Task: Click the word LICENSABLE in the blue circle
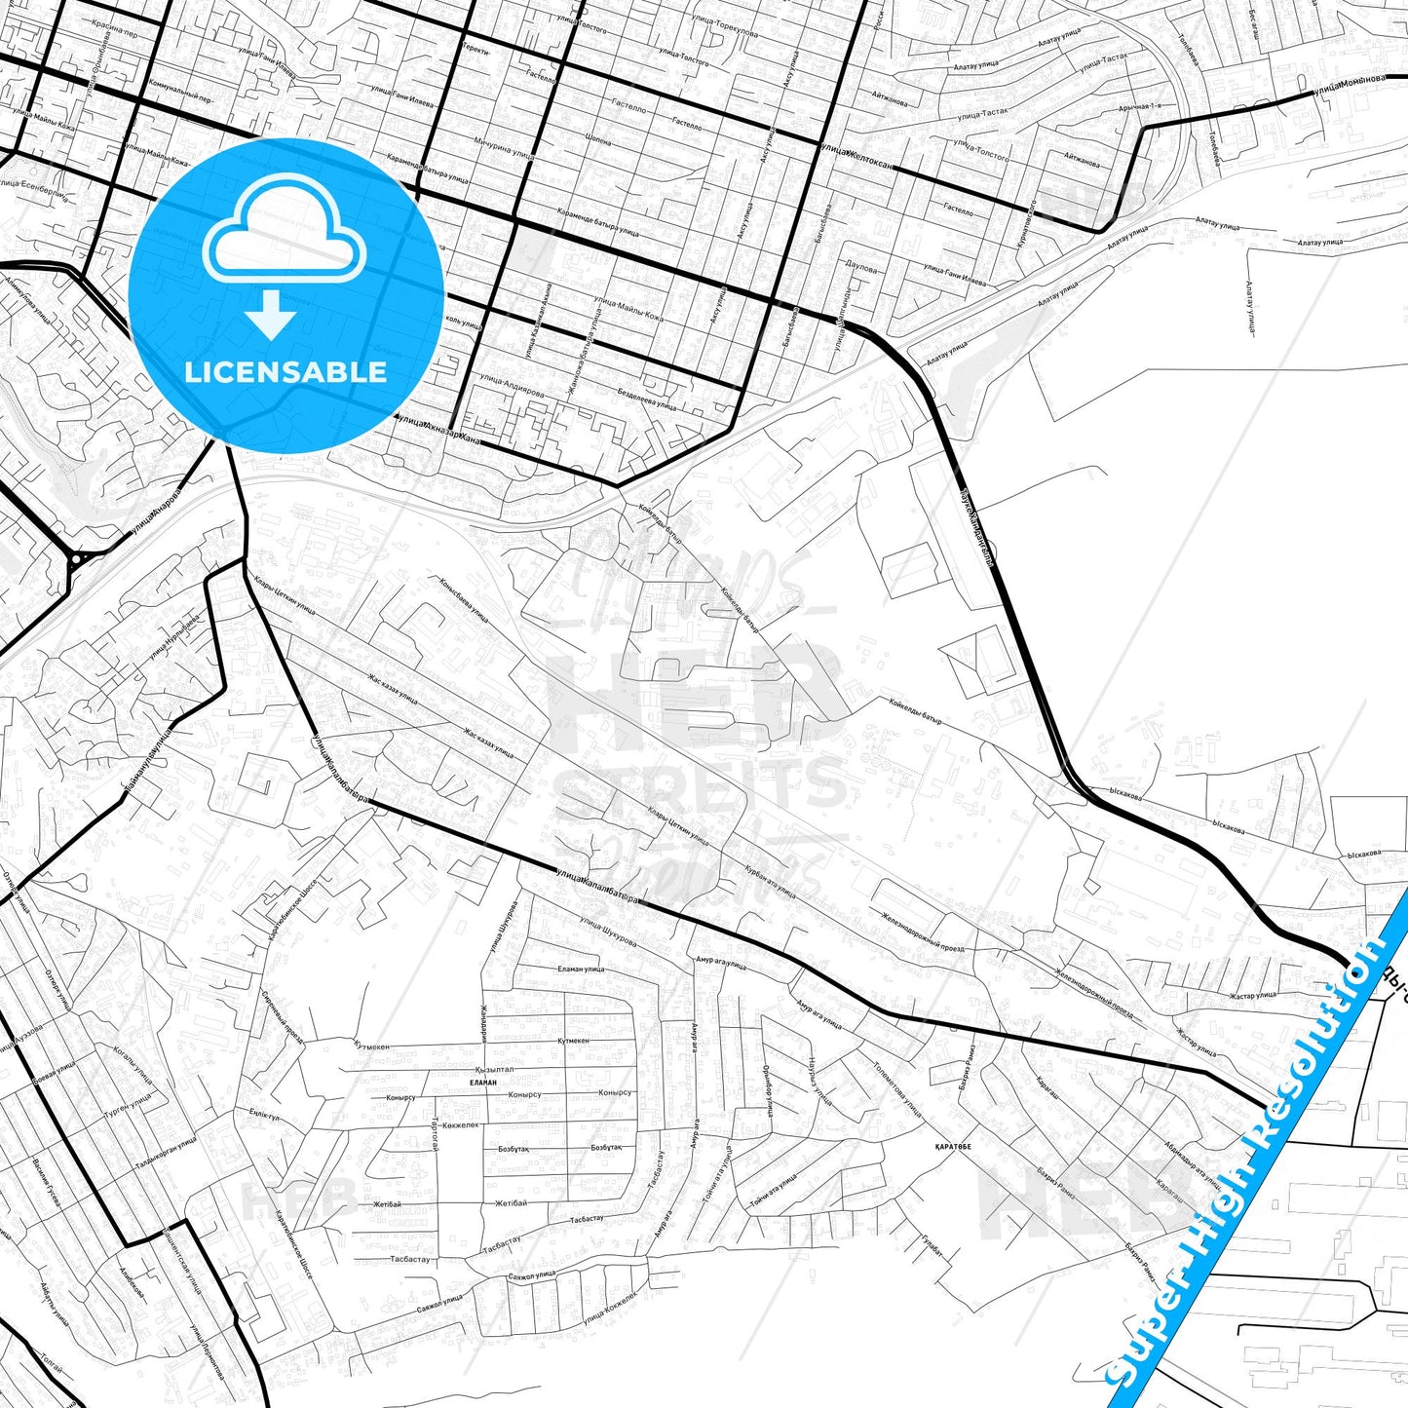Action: (285, 371)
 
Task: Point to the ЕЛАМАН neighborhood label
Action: (482, 1082)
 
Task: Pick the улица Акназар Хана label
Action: (437, 425)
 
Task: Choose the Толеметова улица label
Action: (896, 1089)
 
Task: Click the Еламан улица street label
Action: (581, 969)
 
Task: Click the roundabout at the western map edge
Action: (76, 559)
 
